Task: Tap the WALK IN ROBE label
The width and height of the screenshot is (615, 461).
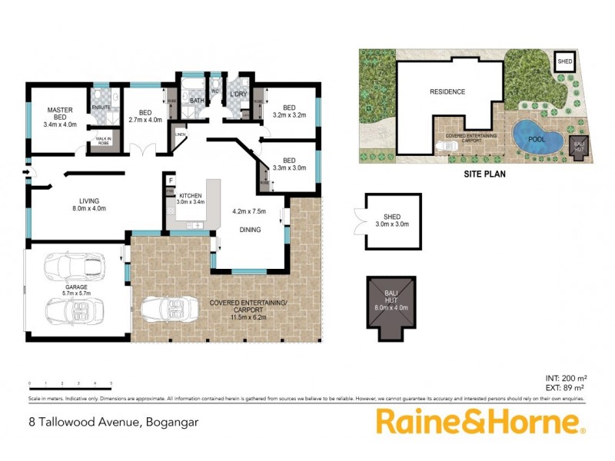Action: click(102, 141)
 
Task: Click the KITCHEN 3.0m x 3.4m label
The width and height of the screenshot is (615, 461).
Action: click(191, 199)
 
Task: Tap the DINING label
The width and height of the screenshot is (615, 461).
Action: click(249, 229)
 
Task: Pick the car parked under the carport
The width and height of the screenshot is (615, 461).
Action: click(174, 308)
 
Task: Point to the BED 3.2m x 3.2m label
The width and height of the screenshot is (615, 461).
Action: click(289, 111)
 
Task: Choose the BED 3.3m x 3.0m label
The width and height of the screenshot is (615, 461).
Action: click(289, 163)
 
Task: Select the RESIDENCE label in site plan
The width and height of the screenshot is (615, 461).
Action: click(447, 92)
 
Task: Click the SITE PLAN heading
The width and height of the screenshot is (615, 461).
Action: click(484, 174)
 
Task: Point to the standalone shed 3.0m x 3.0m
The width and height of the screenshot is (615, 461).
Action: click(393, 221)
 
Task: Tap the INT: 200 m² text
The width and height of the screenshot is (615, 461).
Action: click(566, 379)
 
